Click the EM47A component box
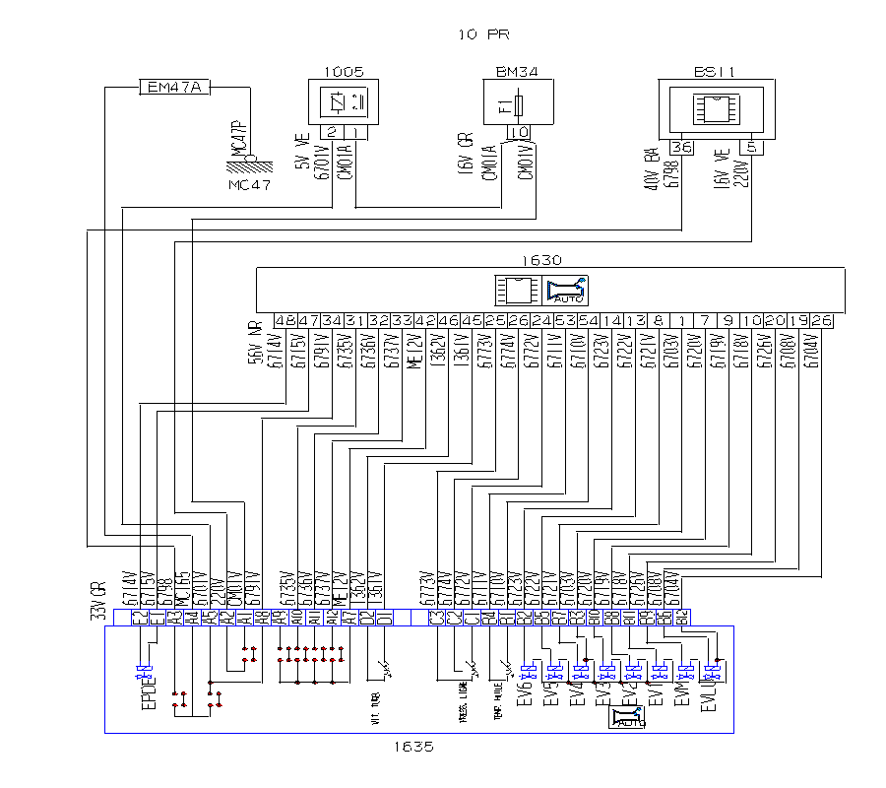pyautogui.click(x=173, y=88)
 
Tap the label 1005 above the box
pyautogui.click(x=344, y=72)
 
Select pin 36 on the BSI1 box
pyautogui.click(x=681, y=147)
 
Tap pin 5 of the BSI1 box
pyautogui.click(x=751, y=147)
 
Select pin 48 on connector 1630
pyautogui.click(x=285, y=321)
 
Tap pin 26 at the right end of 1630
pyautogui.click(x=822, y=321)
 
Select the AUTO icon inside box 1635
pyautogui.click(x=627, y=717)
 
